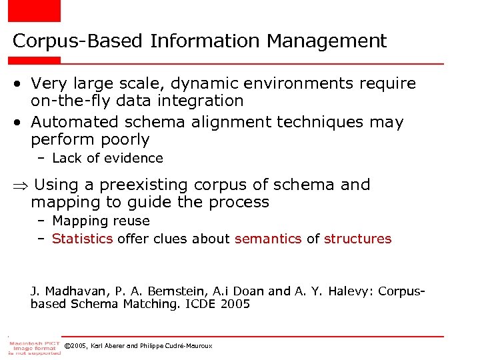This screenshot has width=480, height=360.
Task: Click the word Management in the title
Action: click(x=327, y=41)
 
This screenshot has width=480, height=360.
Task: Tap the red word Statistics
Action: click(x=82, y=239)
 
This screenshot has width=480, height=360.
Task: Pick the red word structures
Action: click(x=358, y=239)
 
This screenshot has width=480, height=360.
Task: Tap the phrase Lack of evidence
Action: click(x=107, y=158)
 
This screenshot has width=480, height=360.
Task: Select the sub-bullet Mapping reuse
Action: click(x=101, y=221)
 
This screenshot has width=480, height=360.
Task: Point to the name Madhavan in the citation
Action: click(x=71, y=291)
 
